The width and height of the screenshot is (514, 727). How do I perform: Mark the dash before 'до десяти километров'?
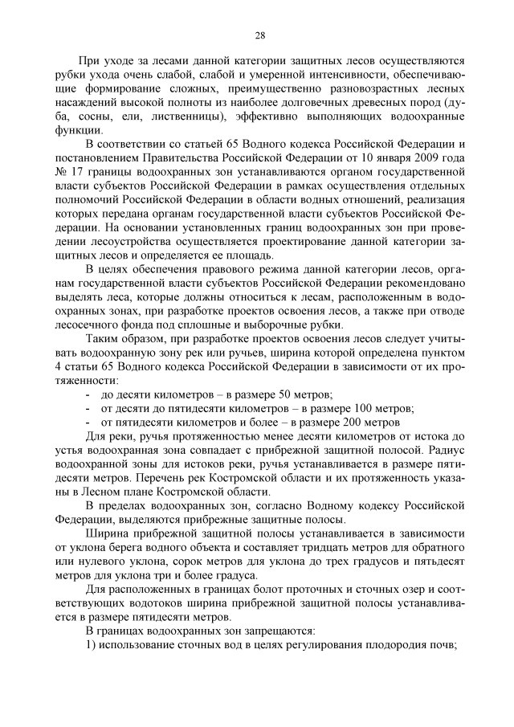87,394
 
